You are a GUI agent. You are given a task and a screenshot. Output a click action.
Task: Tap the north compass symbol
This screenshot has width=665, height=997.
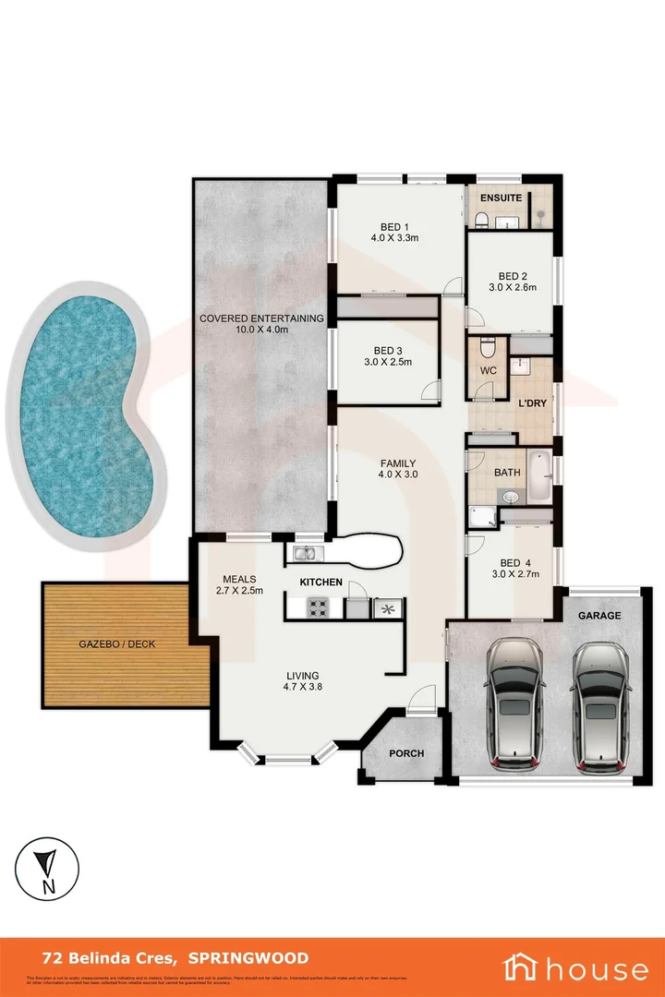(44, 871)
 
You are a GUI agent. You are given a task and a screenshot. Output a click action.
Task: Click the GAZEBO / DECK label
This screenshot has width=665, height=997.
(116, 643)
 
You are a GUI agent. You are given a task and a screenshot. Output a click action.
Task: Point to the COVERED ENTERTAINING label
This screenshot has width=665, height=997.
(261, 318)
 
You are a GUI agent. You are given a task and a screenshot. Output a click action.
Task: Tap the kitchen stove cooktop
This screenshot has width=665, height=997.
(318, 608)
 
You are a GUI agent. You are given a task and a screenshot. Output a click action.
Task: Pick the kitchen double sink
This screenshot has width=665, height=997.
(305, 554)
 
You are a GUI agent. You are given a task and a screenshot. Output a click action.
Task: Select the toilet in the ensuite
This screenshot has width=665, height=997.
(481, 219)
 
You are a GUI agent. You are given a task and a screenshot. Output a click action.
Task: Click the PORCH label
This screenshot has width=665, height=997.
(406, 753)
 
